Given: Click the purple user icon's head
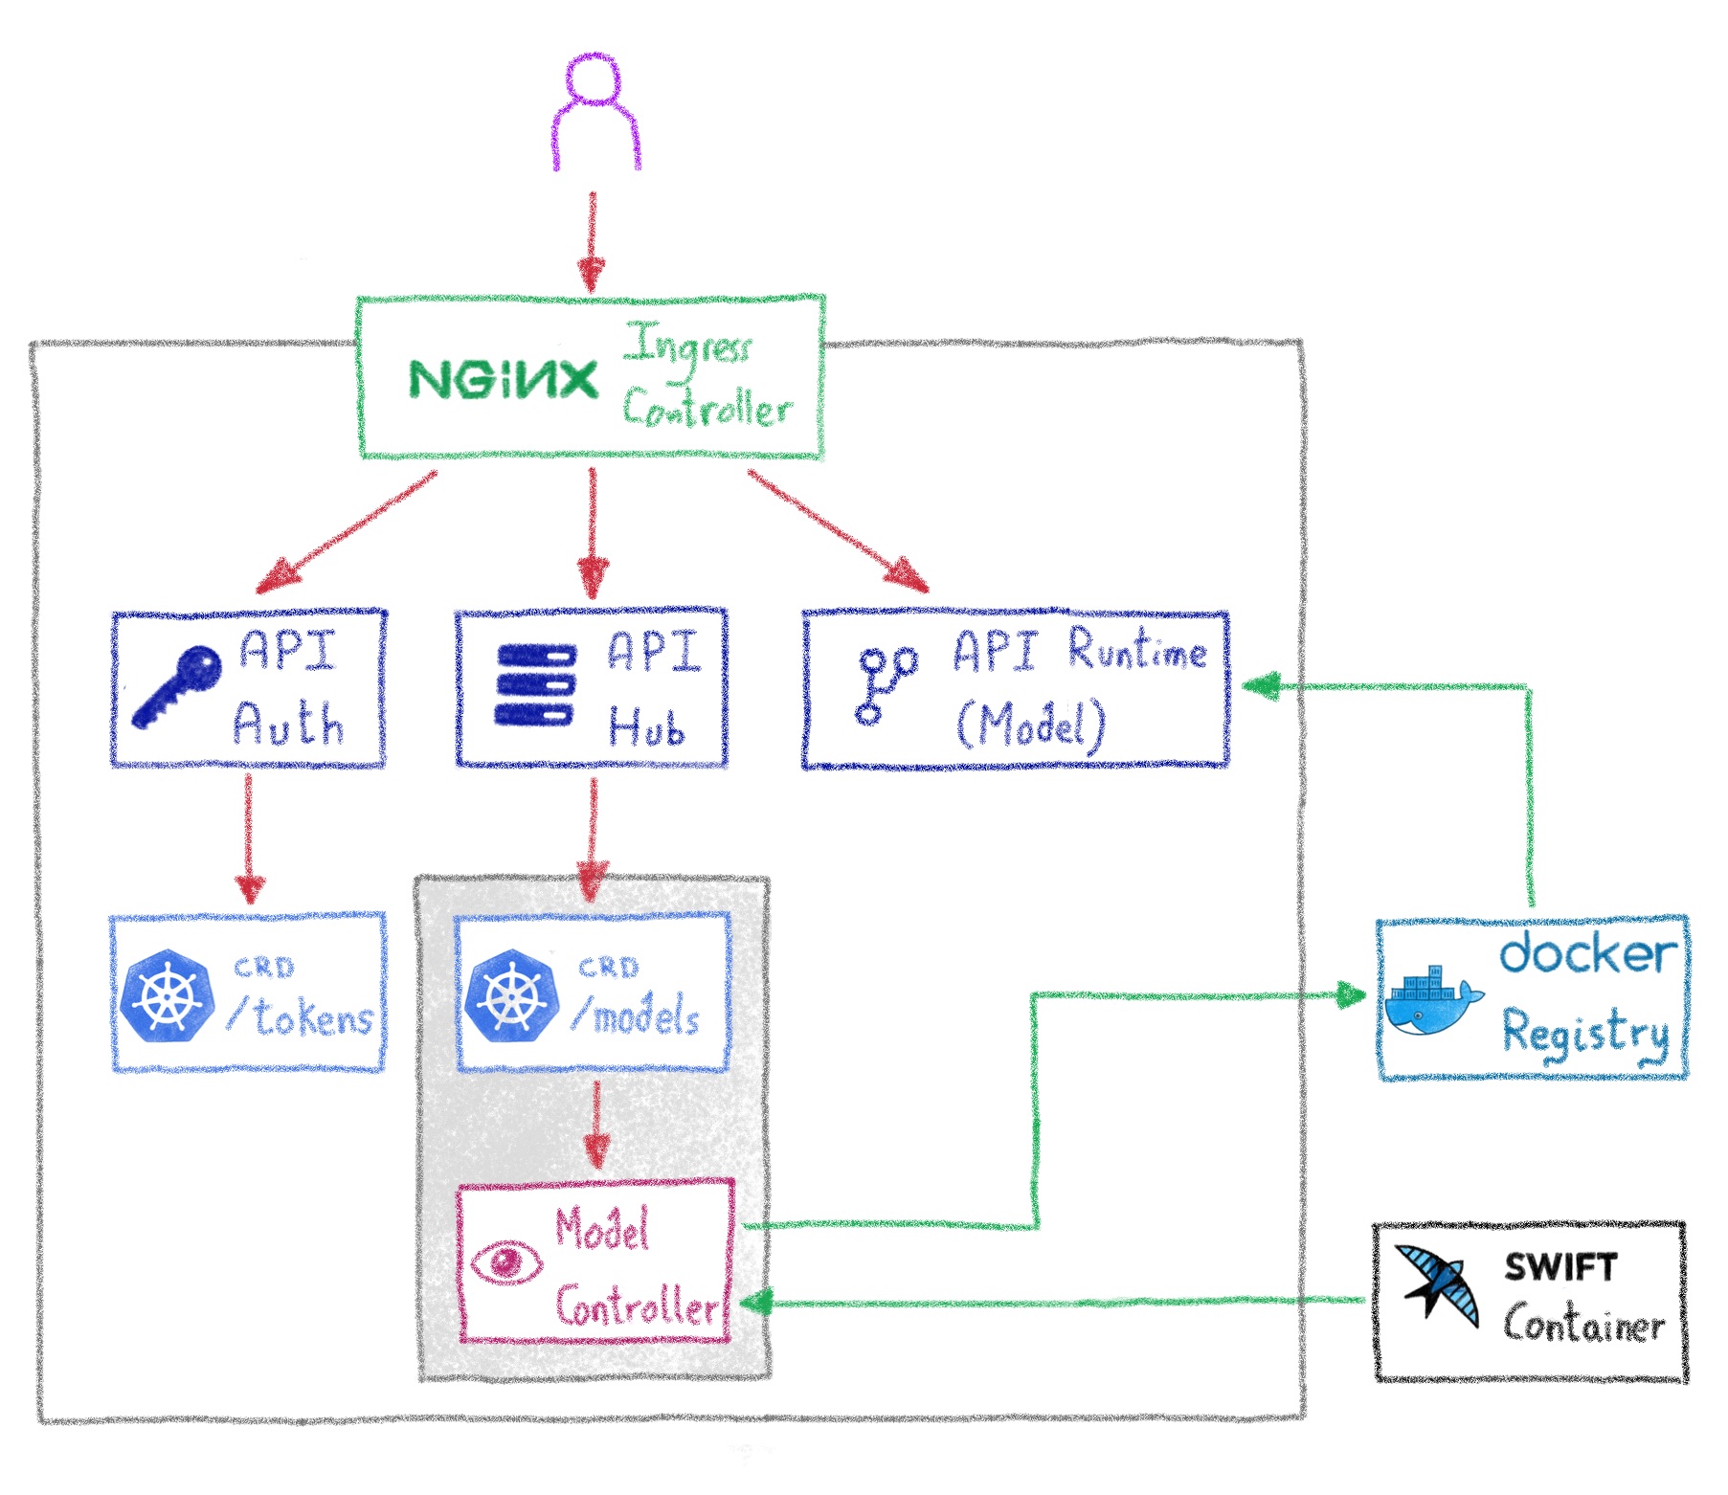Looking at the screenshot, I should pyautogui.click(x=593, y=78).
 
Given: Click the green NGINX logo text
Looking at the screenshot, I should pyautogui.click(x=503, y=380).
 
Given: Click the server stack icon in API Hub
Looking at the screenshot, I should pyautogui.click(x=536, y=685).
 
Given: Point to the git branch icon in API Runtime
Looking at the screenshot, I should pyautogui.click(x=885, y=683).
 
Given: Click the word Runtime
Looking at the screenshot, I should pyautogui.click(x=1136, y=652).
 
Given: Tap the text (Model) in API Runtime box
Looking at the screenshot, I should pyautogui.click(x=1032, y=725).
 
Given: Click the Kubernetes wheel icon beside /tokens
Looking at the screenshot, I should pyautogui.click(x=167, y=996).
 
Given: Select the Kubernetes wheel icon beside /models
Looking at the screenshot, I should pyautogui.click(x=511, y=996).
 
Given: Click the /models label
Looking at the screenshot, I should pyautogui.click(x=637, y=1015).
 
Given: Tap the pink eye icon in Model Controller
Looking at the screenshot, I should pyautogui.click(x=506, y=1261).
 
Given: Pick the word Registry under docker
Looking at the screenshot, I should pyautogui.click(x=1584, y=1035).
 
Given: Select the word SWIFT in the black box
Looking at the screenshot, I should pyautogui.click(x=1560, y=1267).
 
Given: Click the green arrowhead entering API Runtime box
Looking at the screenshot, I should pyautogui.click(x=1260, y=685).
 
